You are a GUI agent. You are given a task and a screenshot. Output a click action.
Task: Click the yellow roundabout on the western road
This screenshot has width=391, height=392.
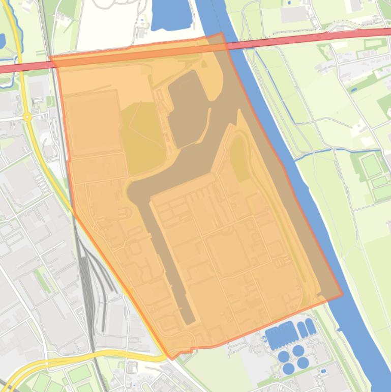(27, 117)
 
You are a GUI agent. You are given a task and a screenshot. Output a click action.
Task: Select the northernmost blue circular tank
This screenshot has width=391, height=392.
(298, 350)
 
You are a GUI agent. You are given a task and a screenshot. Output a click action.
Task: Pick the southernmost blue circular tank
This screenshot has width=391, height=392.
(288, 368)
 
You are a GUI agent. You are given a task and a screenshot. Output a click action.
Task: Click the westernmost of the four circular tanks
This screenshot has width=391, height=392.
(284, 356)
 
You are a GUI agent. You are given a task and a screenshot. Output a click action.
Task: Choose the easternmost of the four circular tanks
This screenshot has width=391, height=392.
(303, 362)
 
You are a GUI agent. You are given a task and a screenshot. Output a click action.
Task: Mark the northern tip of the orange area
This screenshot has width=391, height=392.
(221, 33)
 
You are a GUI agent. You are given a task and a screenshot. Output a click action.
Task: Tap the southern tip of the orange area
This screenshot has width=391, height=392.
(171, 359)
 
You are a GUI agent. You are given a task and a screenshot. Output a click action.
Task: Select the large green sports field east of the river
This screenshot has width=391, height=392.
(371, 164)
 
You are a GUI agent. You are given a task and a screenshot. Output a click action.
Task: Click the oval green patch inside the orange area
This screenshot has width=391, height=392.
(239, 158)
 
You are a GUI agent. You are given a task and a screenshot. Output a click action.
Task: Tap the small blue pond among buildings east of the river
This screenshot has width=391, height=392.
(354, 90)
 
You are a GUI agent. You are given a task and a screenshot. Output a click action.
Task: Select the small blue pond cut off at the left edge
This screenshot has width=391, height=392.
(2, 41)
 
